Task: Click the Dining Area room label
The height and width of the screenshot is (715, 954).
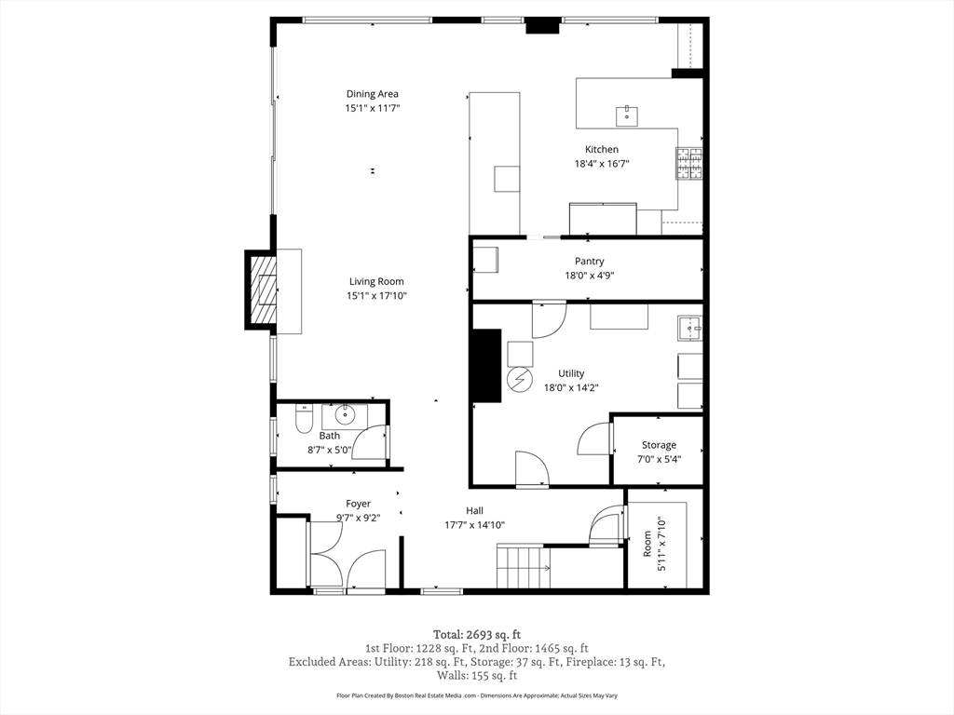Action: coord(373,94)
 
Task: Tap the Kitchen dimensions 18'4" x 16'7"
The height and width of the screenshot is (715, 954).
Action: coord(602,164)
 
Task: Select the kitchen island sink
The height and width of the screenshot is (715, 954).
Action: coord(627,115)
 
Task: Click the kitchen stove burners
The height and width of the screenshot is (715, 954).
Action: coord(688,164)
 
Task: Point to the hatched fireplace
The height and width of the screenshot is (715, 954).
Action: coord(264,290)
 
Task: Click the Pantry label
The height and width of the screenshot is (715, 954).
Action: coord(590,261)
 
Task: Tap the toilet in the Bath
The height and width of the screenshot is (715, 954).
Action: coord(304,420)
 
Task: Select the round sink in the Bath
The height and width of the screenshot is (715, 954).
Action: coord(345,415)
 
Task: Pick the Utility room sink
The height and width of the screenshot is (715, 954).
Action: coord(690,329)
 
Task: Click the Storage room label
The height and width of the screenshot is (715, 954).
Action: coord(659,445)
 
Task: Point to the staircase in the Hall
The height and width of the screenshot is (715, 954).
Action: coord(524,567)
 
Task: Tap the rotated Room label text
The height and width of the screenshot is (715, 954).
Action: coord(647,544)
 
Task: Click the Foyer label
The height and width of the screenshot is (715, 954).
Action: coord(359,504)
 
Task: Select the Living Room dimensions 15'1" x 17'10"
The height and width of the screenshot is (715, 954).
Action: coord(376,296)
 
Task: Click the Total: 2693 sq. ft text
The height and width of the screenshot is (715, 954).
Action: coord(477,635)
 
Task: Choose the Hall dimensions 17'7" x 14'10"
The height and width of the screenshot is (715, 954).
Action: coord(474,525)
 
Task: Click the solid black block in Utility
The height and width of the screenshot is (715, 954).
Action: coord(486,365)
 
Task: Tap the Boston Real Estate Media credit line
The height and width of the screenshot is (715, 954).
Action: coord(477,695)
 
